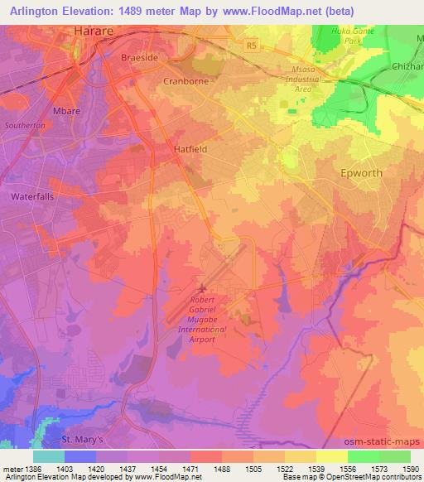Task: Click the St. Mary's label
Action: pos(84,440)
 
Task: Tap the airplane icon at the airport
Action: pos(203,288)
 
